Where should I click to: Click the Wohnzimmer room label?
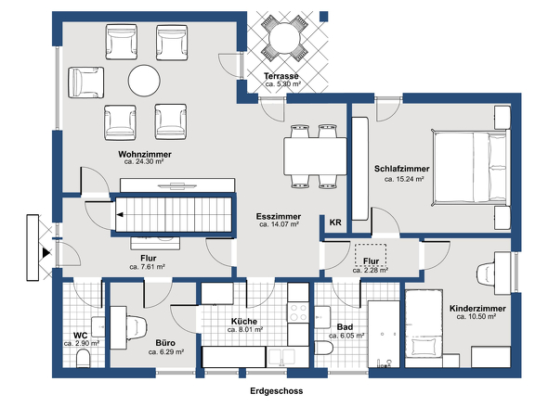[x=145, y=154]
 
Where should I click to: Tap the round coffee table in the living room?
[x=144, y=81]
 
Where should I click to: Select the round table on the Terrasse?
[x=285, y=38]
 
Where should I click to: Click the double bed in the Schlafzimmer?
[x=469, y=168]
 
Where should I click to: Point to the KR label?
[x=335, y=223]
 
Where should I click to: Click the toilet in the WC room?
[x=83, y=359]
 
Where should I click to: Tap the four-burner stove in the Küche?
[x=298, y=312]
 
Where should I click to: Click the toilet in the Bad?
[x=323, y=348]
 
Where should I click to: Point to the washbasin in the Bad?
[x=322, y=317]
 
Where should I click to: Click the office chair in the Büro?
[x=137, y=328]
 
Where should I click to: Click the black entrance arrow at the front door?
[x=46, y=252]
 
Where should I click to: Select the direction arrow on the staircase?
[x=120, y=215]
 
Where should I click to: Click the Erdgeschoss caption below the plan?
[x=277, y=391]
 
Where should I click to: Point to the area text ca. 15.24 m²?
[x=404, y=179]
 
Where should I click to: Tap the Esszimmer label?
[x=279, y=216]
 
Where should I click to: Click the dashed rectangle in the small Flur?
[x=371, y=255]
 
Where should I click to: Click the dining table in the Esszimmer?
[x=315, y=156]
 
